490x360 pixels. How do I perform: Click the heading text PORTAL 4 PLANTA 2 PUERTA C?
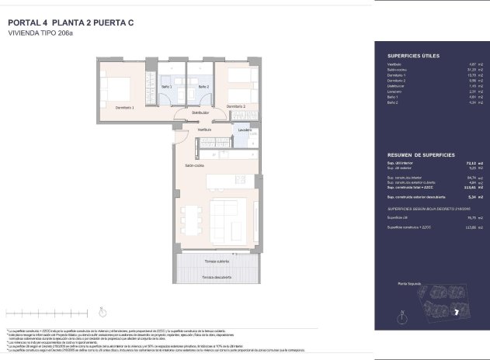[71, 22]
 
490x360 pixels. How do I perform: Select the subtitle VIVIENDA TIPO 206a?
[40, 34]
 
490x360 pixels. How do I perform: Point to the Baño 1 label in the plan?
[166, 88]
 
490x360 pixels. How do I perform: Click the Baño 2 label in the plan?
[203, 88]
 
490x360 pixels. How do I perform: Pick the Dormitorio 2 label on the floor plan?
[236, 106]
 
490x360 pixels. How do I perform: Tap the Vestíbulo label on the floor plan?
[182, 129]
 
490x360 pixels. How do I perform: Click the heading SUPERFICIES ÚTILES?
[413, 57]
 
